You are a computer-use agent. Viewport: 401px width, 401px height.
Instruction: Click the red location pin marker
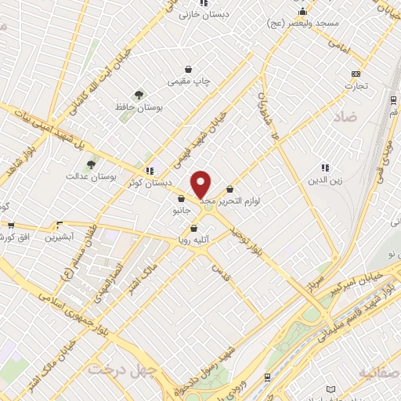click(201, 185)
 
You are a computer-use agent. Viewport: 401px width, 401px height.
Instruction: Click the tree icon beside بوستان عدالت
click(92, 165)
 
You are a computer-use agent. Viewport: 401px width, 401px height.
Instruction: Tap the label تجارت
click(357, 85)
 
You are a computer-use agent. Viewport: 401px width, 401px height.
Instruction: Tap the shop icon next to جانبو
click(181, 198)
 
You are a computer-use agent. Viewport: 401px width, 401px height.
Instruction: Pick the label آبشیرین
click(58, 237)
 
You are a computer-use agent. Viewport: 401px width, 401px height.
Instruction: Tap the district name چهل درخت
click(117, 368)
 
